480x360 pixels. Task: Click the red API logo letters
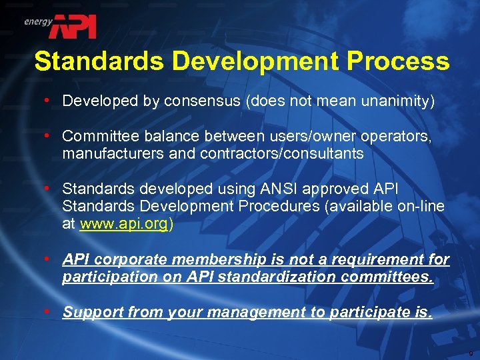point(75,26)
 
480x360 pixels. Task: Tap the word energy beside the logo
point(38,21)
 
